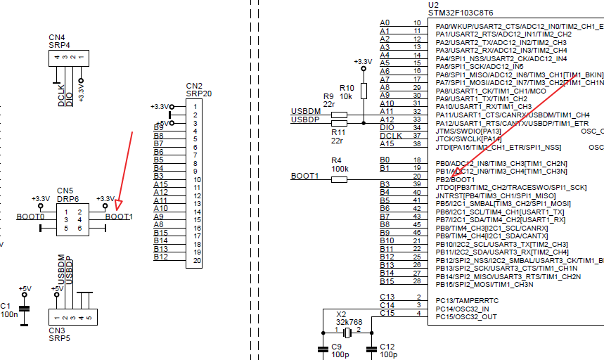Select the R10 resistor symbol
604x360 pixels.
(x=364, y=91)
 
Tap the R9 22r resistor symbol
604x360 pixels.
(x=339, y=114)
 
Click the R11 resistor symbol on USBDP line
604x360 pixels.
(x=339, y=123)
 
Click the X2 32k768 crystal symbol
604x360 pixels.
(x=348, y=330)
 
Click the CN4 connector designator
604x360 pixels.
(x=57, y=37)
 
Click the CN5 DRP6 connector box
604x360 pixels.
(x=72, y=219)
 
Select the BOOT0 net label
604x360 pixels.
(x=30, y=217)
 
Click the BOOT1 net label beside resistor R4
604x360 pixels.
(x=304, y=176)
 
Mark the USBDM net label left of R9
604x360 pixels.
(x=305, y=112)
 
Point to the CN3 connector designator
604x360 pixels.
(x=56, y=330)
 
